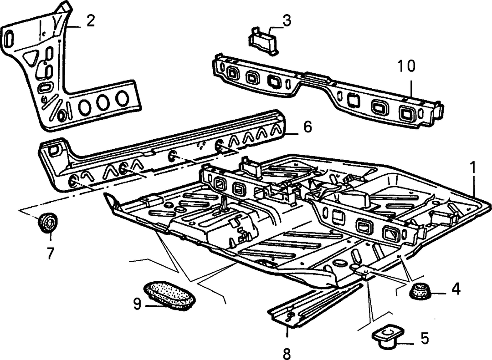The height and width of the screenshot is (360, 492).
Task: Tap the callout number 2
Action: coord(90,21)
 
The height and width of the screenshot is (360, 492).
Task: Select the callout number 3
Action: coord(287,20)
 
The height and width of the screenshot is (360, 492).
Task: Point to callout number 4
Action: coord(455,289)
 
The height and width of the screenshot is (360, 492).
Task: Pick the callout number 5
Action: coord(424,338)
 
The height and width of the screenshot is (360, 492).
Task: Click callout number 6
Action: coord(307,127)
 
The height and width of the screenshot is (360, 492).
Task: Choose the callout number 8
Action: coord(287,354)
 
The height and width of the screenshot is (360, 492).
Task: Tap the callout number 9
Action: coord(137,304)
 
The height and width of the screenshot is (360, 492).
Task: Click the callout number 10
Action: coord(406,66)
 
